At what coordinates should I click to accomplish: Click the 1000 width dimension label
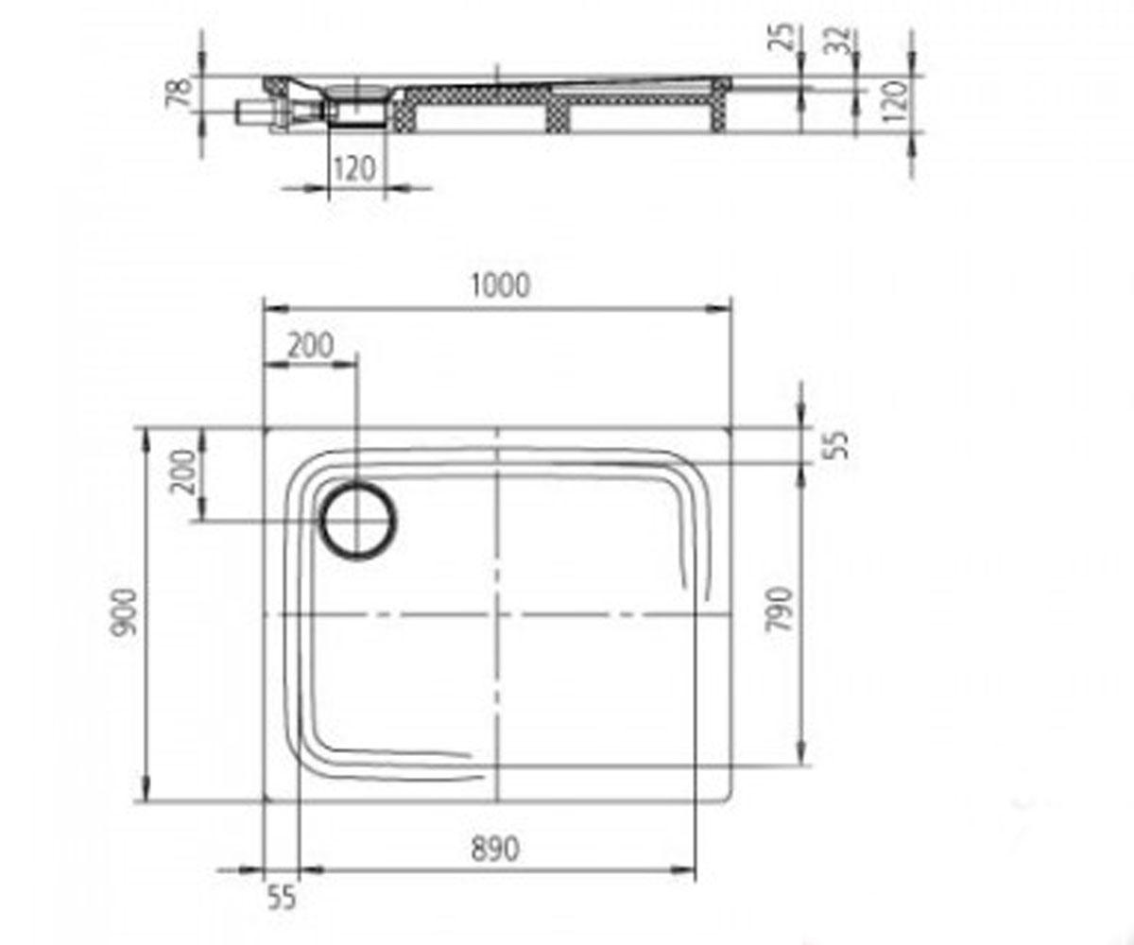click(500, 285)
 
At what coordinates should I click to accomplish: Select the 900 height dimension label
click(123, 612)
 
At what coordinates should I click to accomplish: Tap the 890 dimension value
click(495, 850)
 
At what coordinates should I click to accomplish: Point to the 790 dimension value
click(780, 609)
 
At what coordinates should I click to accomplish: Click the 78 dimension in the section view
click(180, 93)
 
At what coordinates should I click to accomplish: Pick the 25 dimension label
click(781, 37)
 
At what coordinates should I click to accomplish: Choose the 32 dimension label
click(836, 39)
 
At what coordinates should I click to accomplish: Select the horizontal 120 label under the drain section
click(354, 168)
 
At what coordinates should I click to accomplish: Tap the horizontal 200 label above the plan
click(310, 346)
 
